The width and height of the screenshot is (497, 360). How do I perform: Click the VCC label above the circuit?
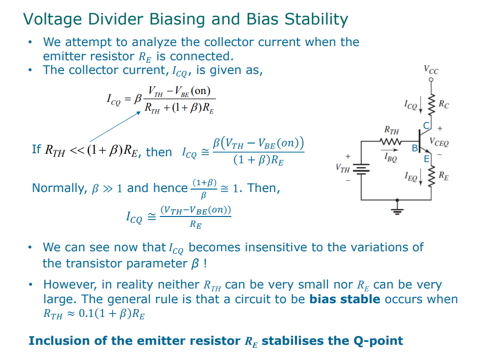click(431, 71)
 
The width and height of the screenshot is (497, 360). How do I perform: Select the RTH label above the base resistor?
click(391, 131)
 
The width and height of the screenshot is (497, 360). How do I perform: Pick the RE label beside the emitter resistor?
click(443, 175)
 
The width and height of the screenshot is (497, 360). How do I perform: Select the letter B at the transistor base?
click(414, 148)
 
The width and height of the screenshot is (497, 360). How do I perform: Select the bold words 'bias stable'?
click(345, 299)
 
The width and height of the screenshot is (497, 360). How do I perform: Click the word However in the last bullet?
click(67, 285)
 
